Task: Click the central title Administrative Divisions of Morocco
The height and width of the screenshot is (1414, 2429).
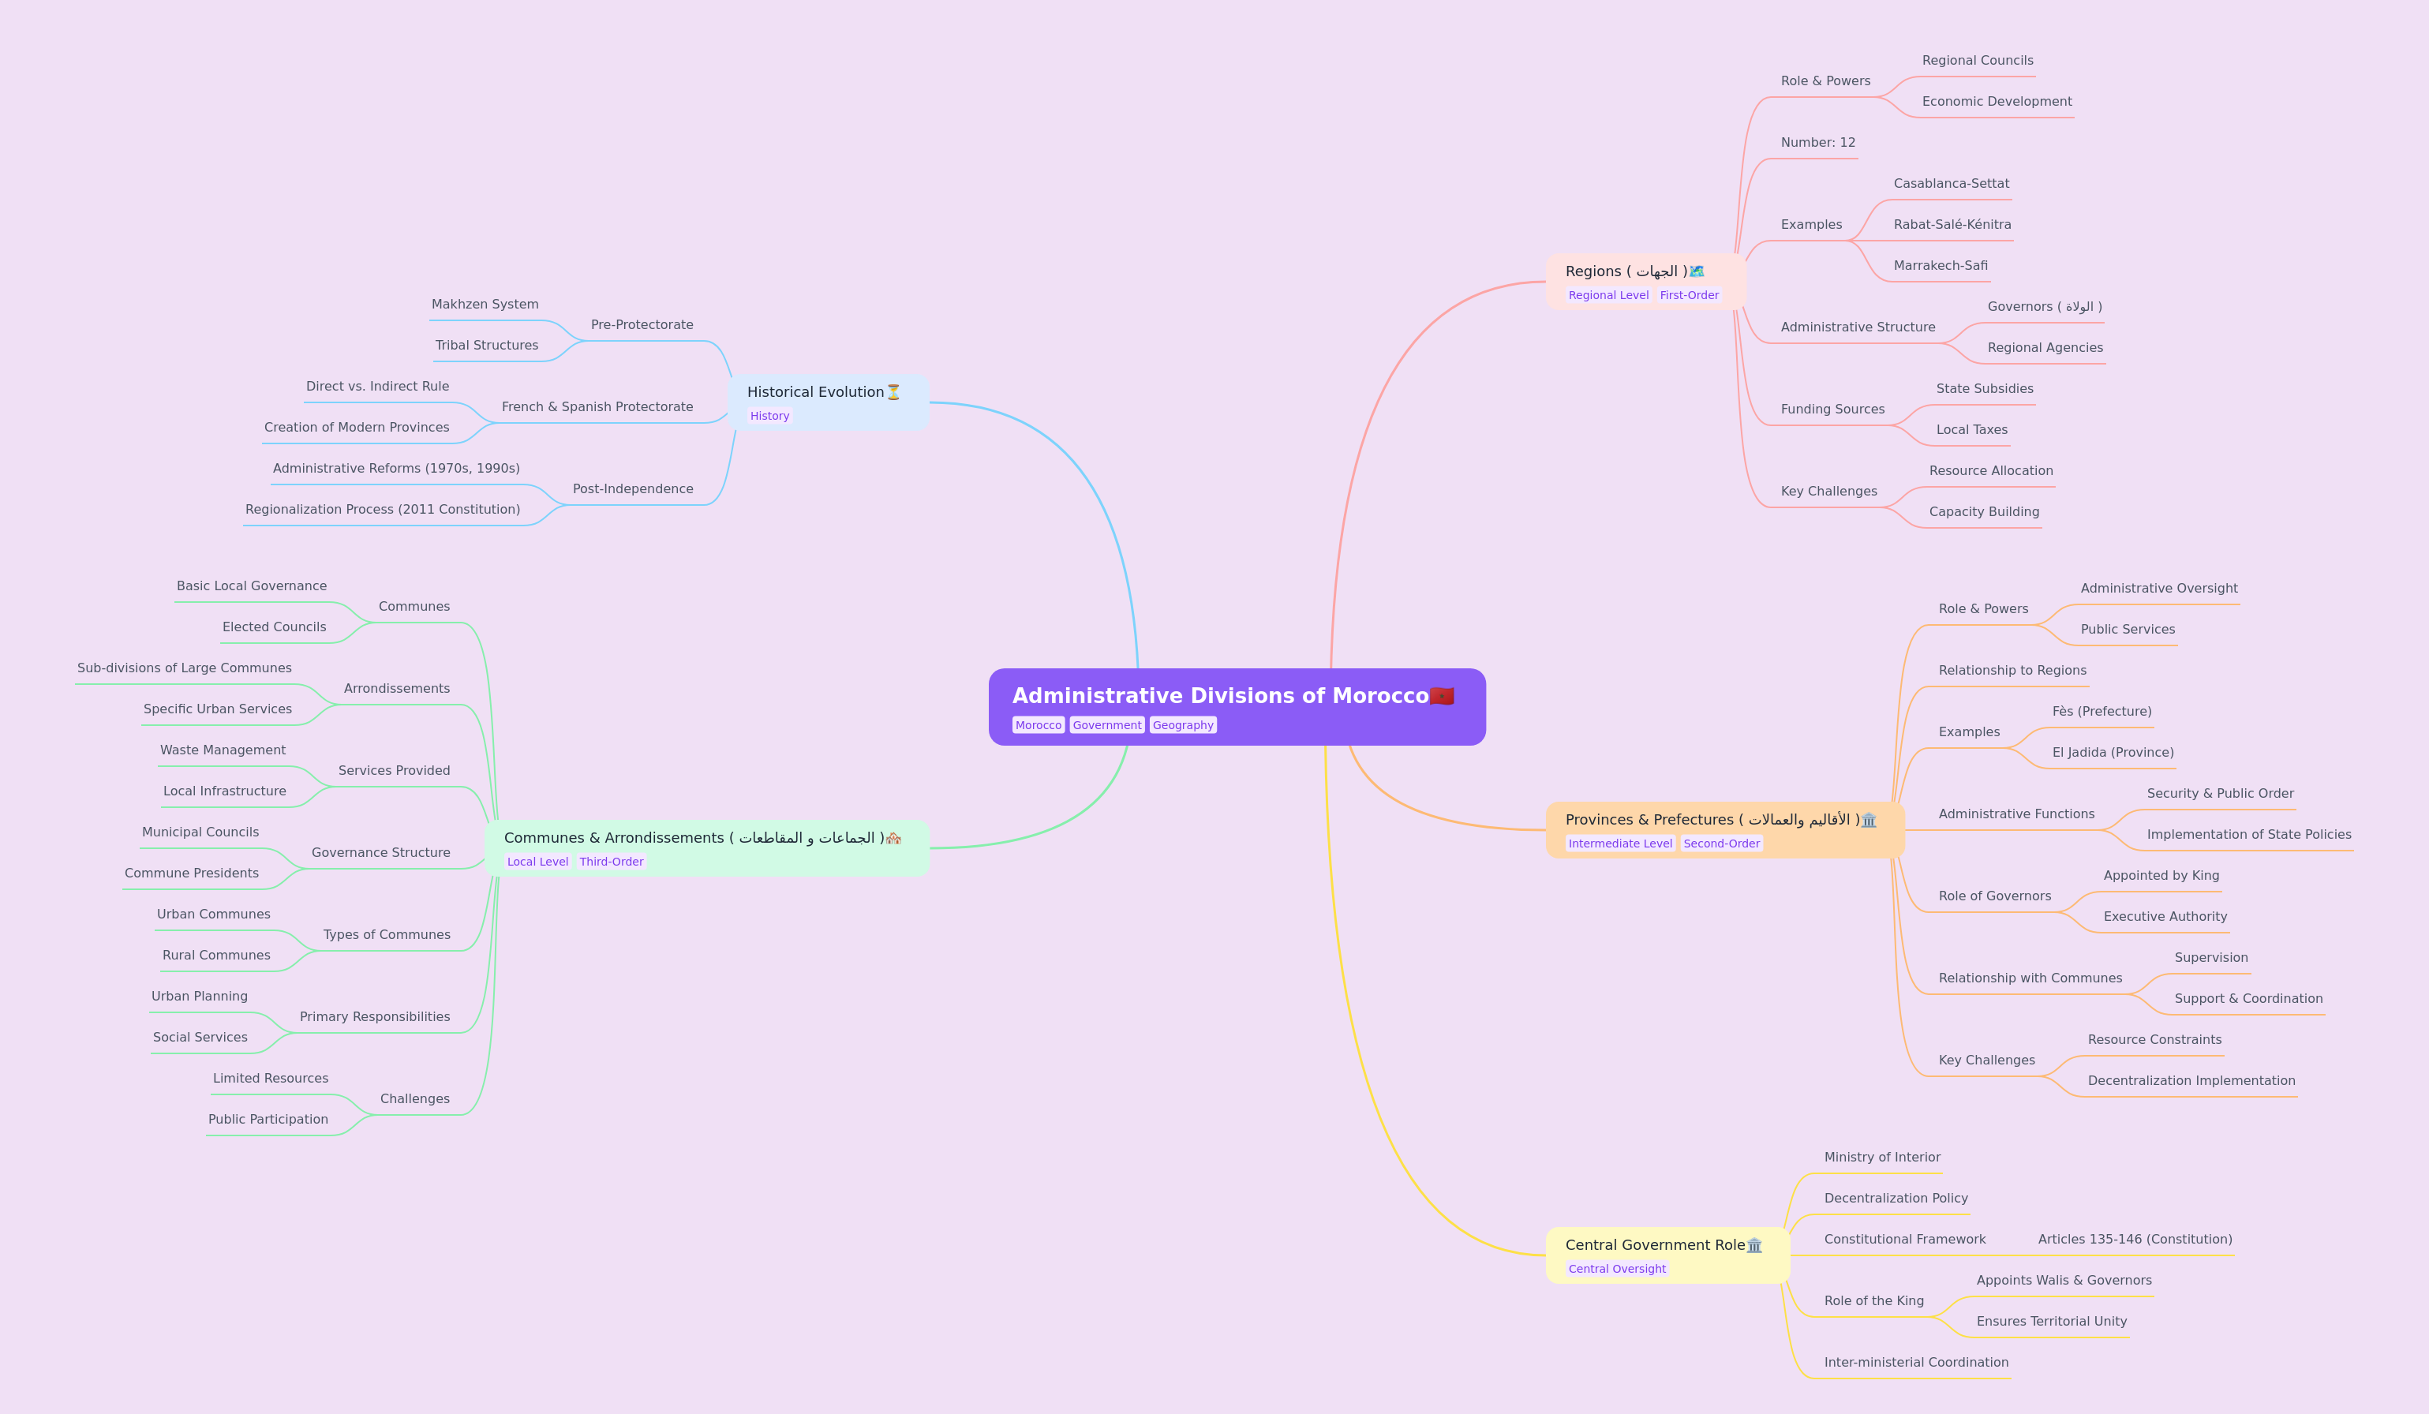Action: (x=1220, y=696)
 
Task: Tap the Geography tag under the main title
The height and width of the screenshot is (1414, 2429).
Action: (x=1183, y=725)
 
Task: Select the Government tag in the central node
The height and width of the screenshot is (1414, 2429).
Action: (x=1106, y=725)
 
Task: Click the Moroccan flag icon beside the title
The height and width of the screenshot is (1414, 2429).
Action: (x=1442, y=696)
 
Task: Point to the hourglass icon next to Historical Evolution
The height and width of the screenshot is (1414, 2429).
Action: (x=893, y=392)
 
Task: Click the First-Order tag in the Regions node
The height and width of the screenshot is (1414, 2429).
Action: (x=1689, y=296)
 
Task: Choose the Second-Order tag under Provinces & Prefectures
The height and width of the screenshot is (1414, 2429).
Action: (x=1721, y=844)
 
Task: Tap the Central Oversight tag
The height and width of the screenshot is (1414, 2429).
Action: (x=1616, y=1269)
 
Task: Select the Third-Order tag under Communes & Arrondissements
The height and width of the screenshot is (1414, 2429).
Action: (x=611, y=862)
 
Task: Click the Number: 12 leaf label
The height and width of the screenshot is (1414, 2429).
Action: (x=1818, y=143)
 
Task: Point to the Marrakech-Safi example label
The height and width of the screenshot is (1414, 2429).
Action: (x=1941, y=266)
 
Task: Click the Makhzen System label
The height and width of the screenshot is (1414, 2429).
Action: (x=485, y=305)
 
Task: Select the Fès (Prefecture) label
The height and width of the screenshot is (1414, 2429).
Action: (x=2102, y=711)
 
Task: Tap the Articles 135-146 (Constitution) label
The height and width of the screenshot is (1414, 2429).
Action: (x=2135, y=1240)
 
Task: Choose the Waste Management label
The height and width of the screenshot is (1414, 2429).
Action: (x=223, y=750)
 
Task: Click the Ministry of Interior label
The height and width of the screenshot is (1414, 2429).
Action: (x=1881, y=1158)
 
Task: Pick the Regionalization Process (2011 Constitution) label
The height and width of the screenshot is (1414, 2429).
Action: (x=383, y=510)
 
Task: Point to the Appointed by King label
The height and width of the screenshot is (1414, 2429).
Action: (x=2161, y=875)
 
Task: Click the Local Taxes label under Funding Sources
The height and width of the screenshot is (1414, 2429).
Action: (x=1972, y=430)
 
